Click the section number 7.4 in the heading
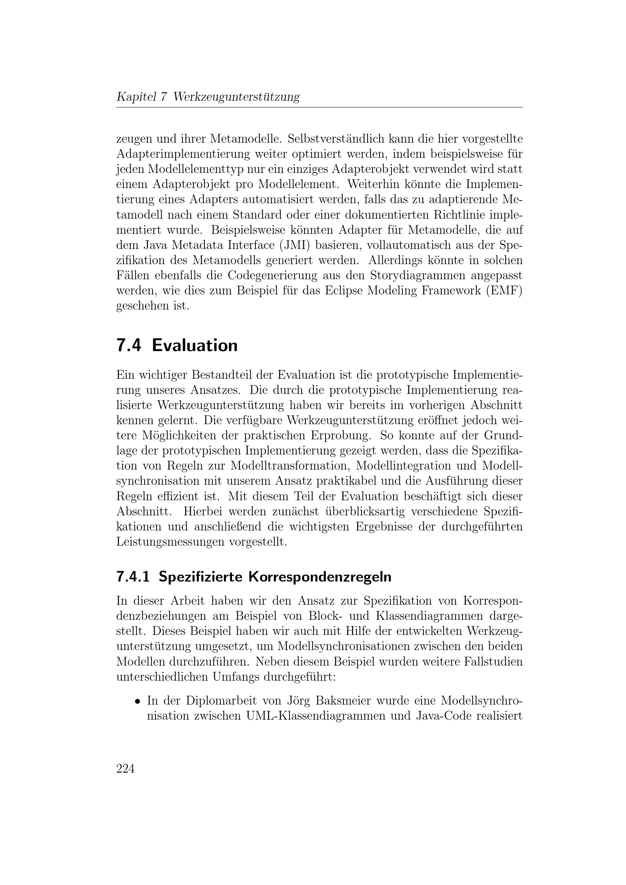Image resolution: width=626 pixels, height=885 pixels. [128, 345]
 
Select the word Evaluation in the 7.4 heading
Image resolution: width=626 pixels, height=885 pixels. [195, 345]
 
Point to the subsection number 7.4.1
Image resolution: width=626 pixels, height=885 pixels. [133, 577]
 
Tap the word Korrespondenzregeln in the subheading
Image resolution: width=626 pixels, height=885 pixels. [319, 577]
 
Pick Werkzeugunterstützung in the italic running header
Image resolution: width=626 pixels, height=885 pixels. [236, 97]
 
